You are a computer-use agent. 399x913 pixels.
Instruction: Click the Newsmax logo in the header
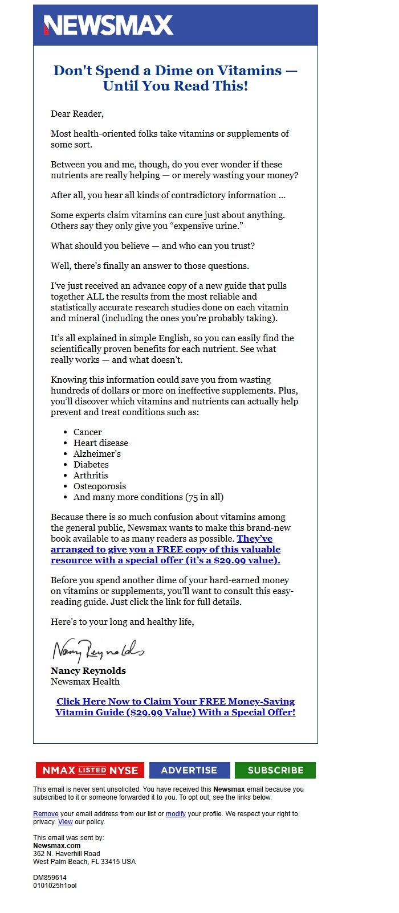tap(108, 25)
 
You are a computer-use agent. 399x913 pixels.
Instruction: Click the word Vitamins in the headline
tap(247, 71)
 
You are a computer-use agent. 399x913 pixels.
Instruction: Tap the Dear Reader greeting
tap(77, 114)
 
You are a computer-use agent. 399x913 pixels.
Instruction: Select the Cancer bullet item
tap(87, 432)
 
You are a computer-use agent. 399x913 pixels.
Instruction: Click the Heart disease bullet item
tap(101, 443)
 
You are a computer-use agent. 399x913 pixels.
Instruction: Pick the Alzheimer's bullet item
tap(97, 454)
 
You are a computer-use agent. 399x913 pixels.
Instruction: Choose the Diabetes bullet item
tap(91, 465)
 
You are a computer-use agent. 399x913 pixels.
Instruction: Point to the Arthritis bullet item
tap(91, 476)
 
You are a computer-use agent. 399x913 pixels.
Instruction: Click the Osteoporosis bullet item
tap(100, 486)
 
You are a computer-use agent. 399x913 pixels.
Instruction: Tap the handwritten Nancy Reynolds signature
tap(98, 649)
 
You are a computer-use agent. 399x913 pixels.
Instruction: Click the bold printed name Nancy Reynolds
tap(88, 671)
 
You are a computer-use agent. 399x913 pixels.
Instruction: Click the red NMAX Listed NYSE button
tap(90, 770)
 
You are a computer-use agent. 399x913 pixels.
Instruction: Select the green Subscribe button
tap(275, 770)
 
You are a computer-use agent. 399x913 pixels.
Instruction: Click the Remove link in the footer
tap(46, 814)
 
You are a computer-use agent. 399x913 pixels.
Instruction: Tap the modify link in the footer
tap(176, 814)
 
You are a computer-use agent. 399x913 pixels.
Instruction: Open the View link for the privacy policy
tap(65, 822)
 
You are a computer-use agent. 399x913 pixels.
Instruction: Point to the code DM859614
tap(50, 878)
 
